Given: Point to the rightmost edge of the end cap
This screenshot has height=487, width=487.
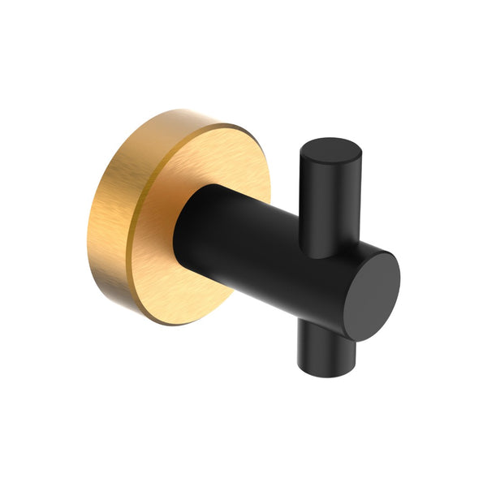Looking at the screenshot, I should tap(400, 284).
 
